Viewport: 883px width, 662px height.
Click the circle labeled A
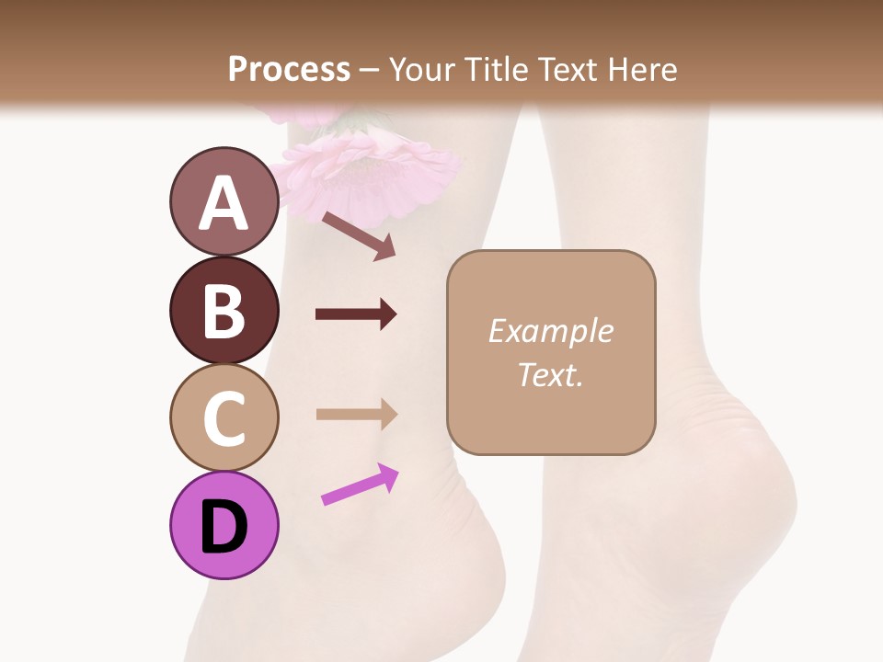[224, 201]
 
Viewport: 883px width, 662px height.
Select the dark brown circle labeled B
[224, 310]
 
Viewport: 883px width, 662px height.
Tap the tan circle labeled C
[224, 417]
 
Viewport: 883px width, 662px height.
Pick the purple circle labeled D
[224, 525]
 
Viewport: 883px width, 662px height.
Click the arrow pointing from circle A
[359, 236]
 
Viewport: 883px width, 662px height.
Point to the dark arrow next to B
[356, 314]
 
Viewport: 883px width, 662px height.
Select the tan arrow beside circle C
[357, 414]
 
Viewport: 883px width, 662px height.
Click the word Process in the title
[289, 69]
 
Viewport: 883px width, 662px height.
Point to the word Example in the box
[550, 331]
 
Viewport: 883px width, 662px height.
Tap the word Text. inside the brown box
[550, 374]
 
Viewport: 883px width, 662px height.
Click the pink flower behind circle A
[377, 170]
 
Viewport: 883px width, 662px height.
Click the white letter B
[224, 311]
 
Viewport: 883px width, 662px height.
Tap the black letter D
[224, 528]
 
